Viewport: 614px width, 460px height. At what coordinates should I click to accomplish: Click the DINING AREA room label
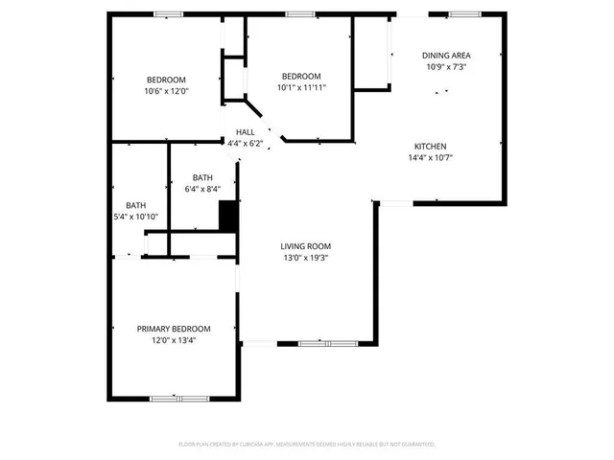[x=446, y=55]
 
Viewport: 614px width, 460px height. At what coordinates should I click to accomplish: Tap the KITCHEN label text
[x=430, y=146]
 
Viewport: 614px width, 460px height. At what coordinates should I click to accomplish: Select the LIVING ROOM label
[x=306, y=246]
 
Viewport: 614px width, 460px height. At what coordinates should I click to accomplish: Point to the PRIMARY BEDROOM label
[x=174, y=329]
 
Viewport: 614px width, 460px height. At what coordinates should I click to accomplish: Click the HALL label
[x=245, y=131]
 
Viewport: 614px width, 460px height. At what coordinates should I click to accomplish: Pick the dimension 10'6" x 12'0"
[x=166, y=91]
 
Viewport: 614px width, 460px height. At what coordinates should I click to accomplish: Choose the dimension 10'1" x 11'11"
[x=301, y=87]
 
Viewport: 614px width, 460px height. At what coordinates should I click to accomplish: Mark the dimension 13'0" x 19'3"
[x=306, y=258]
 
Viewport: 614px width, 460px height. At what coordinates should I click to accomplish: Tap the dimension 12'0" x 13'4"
[x=174, y=340]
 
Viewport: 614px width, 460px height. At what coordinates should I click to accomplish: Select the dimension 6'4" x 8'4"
[x=202, y=189]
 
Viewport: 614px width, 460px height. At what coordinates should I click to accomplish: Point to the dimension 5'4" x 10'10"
[x=135, y=217]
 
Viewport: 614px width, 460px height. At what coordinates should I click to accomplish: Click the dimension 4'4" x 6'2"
[x=245, y=143]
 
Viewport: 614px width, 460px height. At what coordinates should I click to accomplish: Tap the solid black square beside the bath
[x=228, y=216]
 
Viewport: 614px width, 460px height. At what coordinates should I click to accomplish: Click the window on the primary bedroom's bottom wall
[x=179, y=398]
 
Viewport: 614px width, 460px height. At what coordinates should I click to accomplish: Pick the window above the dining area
[x=464, y=13]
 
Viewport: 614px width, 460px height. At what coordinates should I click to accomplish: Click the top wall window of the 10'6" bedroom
[x=169, y=13]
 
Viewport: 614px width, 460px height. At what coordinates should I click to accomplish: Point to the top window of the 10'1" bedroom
[x=299, y=13]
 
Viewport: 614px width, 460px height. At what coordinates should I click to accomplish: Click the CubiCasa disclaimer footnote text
[x=307, y=445]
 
